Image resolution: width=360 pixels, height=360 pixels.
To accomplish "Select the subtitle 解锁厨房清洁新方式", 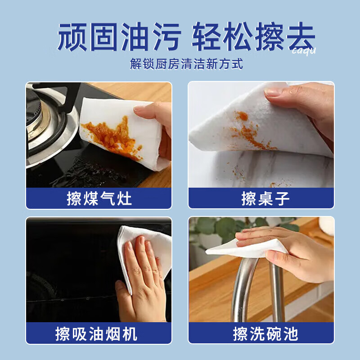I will pos(186,64).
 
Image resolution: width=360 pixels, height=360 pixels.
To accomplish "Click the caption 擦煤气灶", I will pos(99,198).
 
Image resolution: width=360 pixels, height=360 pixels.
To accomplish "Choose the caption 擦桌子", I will pos(261,198).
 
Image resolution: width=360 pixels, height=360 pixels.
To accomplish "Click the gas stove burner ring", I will pos(45,126).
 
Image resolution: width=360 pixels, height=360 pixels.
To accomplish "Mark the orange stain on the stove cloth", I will pos(108,135).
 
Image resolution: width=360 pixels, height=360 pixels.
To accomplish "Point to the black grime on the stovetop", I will pos(85,173).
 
